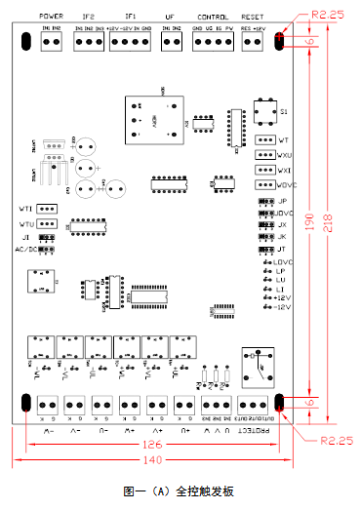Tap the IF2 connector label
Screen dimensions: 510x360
point(90,18)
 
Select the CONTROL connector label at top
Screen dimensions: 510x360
point(213,18)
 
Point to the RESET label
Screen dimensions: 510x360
point(254,18)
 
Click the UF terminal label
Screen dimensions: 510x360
point(171,18)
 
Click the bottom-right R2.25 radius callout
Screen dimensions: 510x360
point(336,440)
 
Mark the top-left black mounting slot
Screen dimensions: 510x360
point(22,42)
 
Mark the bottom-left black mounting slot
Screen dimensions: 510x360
point(22,403)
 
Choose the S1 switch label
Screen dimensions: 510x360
point(285,112)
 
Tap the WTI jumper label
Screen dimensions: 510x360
point(27,209)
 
